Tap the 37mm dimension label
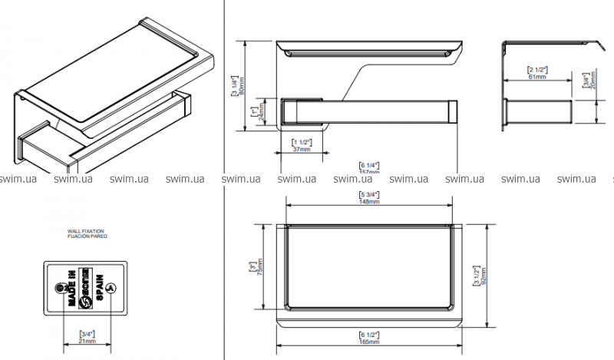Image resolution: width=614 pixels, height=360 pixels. [x=302, y=149]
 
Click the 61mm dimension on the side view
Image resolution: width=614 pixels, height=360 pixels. [x=536, y=76]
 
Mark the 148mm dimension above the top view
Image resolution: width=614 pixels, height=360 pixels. [x=369, y=201]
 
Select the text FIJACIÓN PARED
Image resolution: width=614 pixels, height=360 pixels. [x=87, y=236]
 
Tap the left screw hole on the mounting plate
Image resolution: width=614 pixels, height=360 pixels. [x=61, y=288]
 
